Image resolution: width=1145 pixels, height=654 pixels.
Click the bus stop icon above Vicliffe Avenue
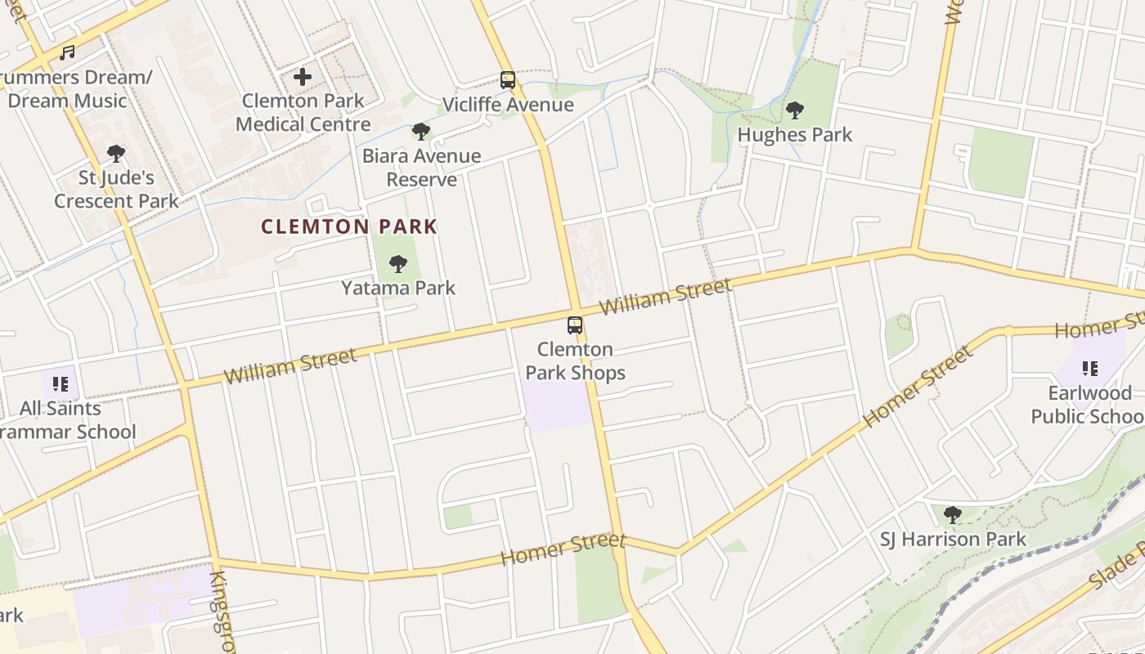[508, 80]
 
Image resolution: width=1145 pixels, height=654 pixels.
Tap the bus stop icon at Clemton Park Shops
[575, 325]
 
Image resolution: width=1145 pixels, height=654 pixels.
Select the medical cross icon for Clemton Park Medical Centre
[303, 77]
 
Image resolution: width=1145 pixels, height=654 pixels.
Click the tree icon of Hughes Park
[794, 110]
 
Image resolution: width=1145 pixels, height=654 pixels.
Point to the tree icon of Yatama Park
[398, 263]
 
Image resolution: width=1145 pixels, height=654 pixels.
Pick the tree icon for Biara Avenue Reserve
[421, 131]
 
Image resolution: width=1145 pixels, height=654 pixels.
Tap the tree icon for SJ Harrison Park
[952, 515]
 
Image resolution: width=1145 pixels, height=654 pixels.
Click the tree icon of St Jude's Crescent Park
[116, 153]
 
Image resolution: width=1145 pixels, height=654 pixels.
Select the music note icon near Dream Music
[67, 53]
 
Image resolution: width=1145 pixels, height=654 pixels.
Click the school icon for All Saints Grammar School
[60, 383]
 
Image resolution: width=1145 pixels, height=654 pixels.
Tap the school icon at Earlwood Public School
[1089, 369]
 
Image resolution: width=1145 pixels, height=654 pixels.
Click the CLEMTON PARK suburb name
[349, 226]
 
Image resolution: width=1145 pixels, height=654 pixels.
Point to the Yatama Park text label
[398, 288]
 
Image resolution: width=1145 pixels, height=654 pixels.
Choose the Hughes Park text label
[795, 134]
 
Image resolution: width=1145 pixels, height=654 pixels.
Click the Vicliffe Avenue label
[508, 105]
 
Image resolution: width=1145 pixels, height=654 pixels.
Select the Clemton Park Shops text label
[575, 361]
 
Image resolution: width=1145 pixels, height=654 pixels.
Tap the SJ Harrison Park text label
[953, 540]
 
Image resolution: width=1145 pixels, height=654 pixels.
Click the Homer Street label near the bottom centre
[563, 549]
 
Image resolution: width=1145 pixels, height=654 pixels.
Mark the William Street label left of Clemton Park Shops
[290, 365]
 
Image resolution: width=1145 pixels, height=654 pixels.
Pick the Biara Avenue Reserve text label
[421, 167]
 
